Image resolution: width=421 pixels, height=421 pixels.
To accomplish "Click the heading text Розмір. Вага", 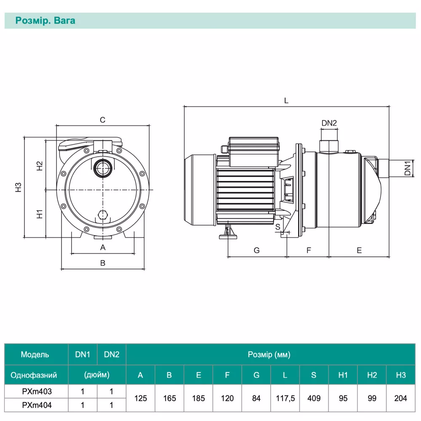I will (45, 21).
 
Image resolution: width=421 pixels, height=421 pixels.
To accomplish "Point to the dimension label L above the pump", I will (286, 101).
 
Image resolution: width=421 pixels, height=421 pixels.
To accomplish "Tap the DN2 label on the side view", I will (329, 123).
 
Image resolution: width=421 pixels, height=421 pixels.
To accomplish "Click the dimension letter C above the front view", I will (102, 120).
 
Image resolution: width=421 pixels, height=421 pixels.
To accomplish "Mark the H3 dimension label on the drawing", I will (18, 187).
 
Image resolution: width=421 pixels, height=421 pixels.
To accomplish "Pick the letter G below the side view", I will (257, 250).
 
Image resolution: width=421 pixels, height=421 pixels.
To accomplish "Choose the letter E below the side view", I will (359, 250).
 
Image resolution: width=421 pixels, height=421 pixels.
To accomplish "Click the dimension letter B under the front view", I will (102, 263).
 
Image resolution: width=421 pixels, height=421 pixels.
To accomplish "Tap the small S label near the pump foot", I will (277, 226).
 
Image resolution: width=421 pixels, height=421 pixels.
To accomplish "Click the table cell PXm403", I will (37, 391).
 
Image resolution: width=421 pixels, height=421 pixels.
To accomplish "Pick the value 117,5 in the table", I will (285, 398).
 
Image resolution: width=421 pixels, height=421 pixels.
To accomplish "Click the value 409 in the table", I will (314, 398).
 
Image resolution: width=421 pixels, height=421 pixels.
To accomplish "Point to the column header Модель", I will (35, 354).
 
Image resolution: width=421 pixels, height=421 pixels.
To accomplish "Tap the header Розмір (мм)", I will (269, 354).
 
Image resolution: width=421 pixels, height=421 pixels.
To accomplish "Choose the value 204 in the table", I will (401, 398).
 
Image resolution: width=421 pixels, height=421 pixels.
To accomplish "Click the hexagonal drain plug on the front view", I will (102, 216).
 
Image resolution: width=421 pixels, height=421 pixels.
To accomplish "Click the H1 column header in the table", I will (343, 375).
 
